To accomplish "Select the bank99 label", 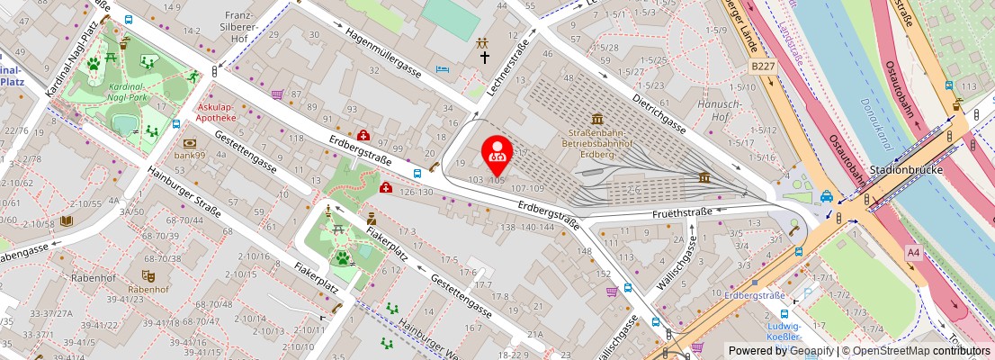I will coord(191,155).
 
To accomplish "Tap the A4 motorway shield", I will coord(914,253).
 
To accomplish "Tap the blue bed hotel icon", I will coord(442,69).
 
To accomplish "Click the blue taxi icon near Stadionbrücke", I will coord(826,197).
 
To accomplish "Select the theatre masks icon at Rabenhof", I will coord(148,275).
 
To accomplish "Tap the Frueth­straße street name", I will coord(682,212).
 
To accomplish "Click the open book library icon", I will coord(67,220).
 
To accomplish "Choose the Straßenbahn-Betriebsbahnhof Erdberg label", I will coord(597,141).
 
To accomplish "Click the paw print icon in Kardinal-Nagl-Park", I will coord(93,63).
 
